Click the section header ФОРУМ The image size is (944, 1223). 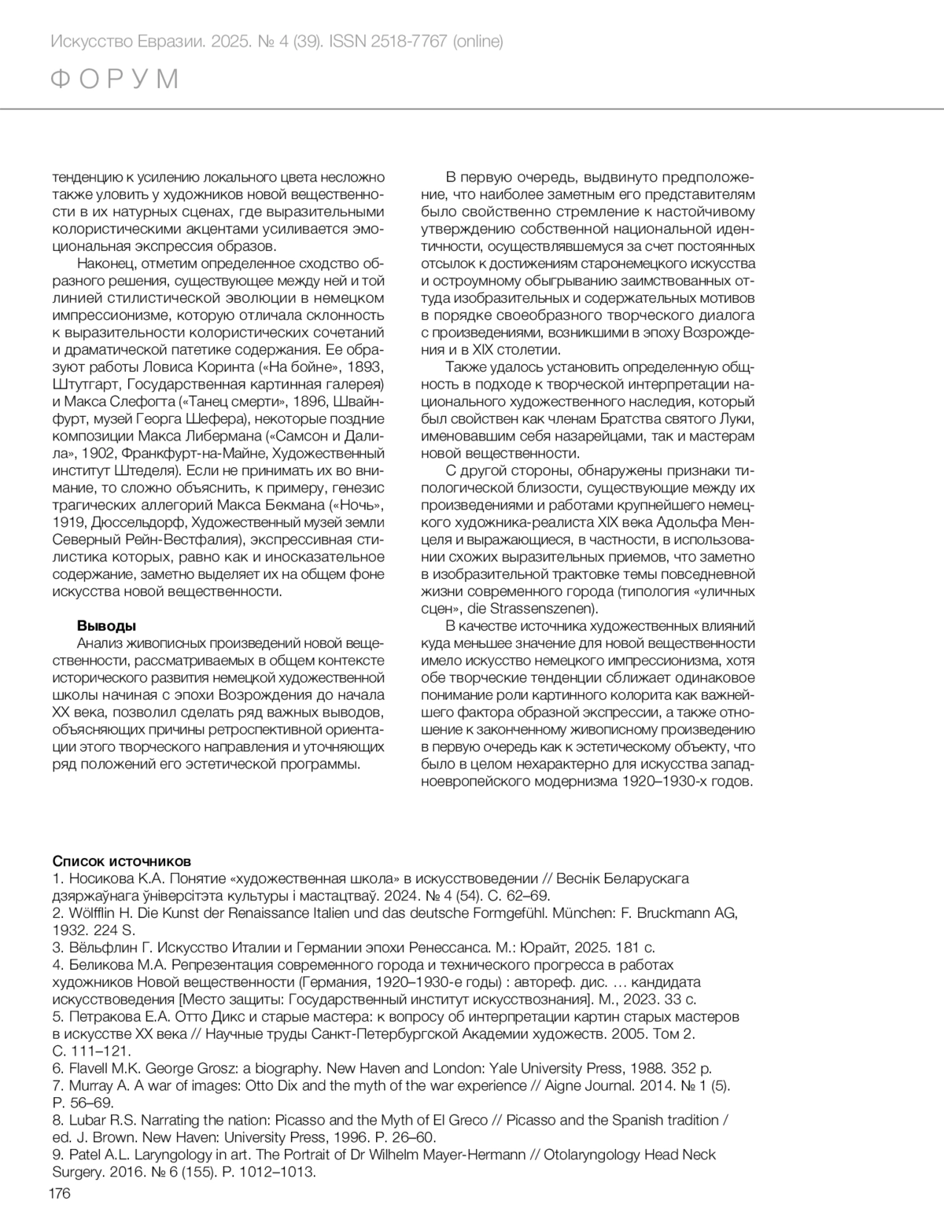point(115,79)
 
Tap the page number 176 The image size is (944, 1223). point(61,1194)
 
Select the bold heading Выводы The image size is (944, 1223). point(106,625)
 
